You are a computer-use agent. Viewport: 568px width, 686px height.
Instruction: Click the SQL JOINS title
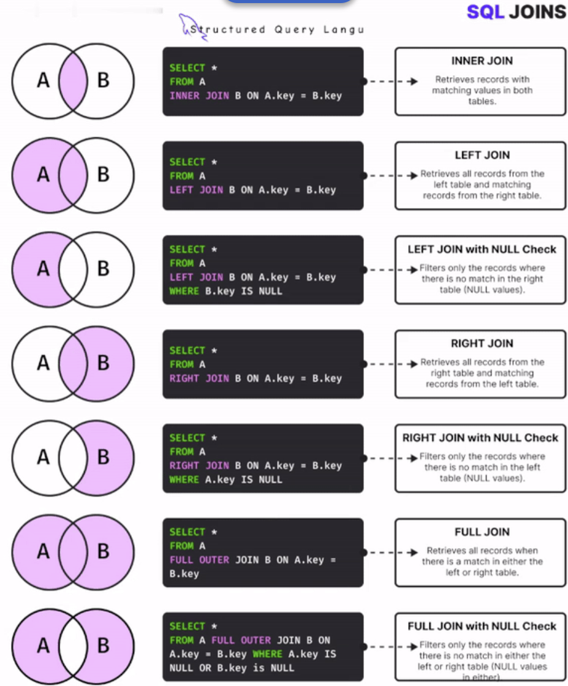tap(516, 12)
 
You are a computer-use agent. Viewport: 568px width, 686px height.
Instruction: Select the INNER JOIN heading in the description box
tap(482, 61)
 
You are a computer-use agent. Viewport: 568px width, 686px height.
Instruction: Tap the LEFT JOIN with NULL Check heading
tap(482, 249)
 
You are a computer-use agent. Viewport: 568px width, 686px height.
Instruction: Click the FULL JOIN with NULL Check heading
tap(482, 626)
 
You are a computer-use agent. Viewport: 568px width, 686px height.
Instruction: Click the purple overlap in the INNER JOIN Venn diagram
tap(73, 81)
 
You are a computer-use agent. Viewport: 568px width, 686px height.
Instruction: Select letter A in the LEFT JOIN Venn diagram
tap(43, 175)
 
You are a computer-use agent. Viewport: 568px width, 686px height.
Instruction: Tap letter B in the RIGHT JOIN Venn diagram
tap(103, 363)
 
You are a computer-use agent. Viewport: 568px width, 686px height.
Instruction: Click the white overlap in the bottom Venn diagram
tap(73, 646)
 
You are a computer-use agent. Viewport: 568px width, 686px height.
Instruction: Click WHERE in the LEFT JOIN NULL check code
tap(184, 291)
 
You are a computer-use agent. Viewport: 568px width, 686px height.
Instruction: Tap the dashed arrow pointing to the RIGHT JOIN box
tap(392, 364)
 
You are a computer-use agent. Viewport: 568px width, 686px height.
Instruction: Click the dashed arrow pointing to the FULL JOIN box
tap(392, 552)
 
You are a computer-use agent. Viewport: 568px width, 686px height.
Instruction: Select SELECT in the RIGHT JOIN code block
tap(187, 350)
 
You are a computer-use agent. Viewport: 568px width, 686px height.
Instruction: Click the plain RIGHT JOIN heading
tap(482, 344)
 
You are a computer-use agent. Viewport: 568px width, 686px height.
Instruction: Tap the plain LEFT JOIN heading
tap(482, 156)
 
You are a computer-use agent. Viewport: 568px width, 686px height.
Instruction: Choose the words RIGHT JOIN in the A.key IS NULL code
tap(199, 466)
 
